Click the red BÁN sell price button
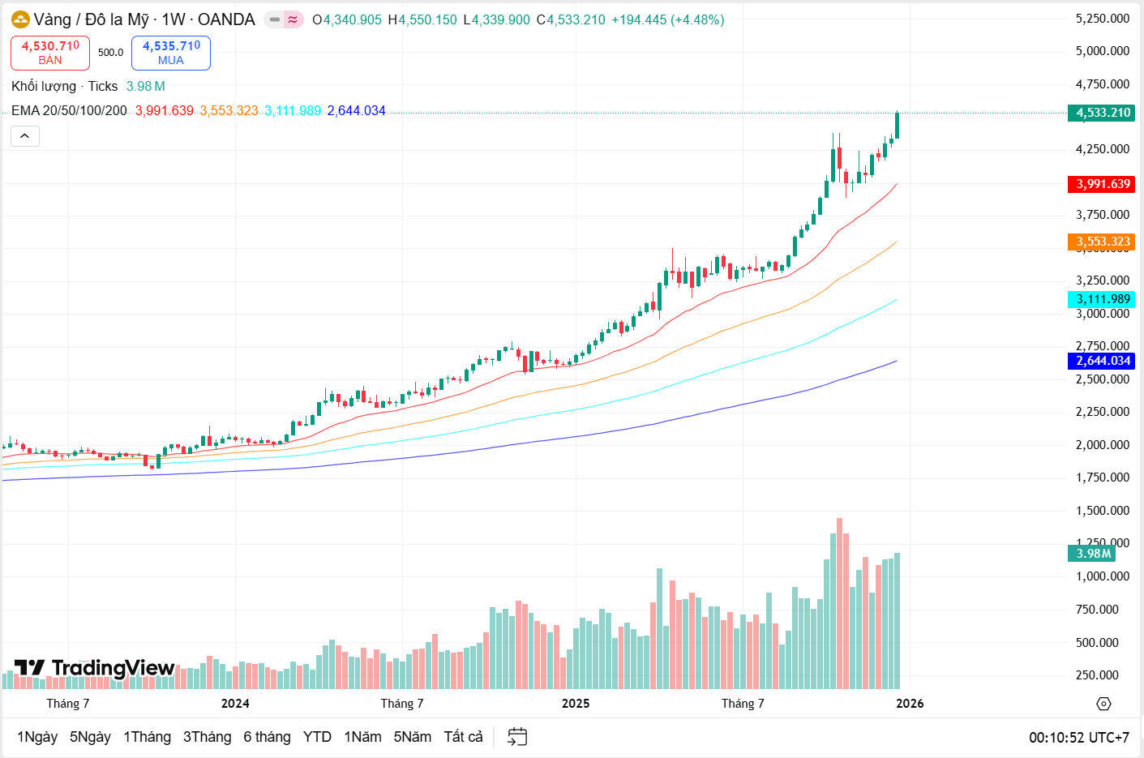pyautogui.click(x=50, y=53)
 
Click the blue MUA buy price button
pyautogui.click(x=171, y=53)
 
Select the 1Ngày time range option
pyautogui.click(x=37, y=737)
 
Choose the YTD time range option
pyautogui.click(x=317, y=737)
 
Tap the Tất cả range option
pyautogui.click(x=463, y=737)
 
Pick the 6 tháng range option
pyautogui.click(x=267, y=737)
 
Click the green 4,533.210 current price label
pyautogui.click(x=1102, y=113)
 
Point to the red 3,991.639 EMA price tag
pyautogui.click(x=1102, y=184)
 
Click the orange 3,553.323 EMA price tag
pyautogui.click(x=1102, y=242)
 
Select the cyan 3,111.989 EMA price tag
pyautogui.click(x=1102, y=299)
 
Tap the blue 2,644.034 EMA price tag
pyautogui.click(x=1102, y=361)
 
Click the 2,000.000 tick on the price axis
pyautogui.click(x=1102, y=445)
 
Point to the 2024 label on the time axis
pyautogui.click(x=235, y=704)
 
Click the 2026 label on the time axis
pyautogui.click(x=910, y=704)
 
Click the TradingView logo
pyautogui.click(x=95, y=668)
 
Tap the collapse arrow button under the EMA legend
pyautogui.click(x=25, y=136)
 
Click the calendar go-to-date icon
pyautogui.click(x=517, y=737)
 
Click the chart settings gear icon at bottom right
pyautogui.click(x=1103, y=704)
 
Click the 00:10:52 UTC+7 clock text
pyautogui.click(x=1079, y=738)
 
